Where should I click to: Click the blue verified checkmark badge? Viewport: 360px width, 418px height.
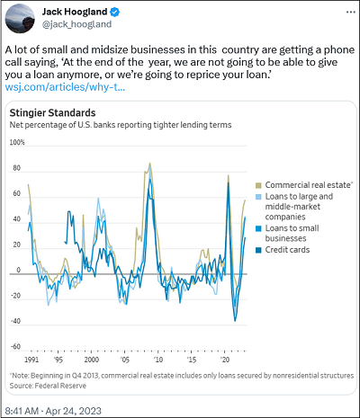pyautogui.click(x=115, y=12)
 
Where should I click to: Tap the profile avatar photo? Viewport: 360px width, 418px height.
pyautogui.click(x=20, y=18)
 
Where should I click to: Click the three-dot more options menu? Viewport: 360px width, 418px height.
pyautogui.click(x=351, y=12)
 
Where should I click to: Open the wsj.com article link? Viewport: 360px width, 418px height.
pyautogui.click(x=65, y=87)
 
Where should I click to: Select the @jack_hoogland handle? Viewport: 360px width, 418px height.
pyautogui.click(x=76, y=24)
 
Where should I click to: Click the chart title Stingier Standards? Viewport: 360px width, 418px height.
pyautogui.click(x=52, y=113)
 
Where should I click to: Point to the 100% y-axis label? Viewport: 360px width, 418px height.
pyautogui.click(x=17, y=142)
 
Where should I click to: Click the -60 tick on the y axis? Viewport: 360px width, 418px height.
pyautogui.click(x=16, y=347)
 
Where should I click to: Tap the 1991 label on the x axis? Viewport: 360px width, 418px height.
pyautogui.click(x=31, y=360)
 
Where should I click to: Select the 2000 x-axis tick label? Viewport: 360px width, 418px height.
pyautogui.click(x=92, y=360)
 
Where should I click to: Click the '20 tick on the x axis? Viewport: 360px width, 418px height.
pyautogui.click(x=225, y=360)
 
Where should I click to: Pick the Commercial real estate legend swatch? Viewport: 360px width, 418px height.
pyautogui.click(x=258, y=185)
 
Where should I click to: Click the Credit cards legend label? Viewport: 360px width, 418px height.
pyautogui.click(x=287, y=250)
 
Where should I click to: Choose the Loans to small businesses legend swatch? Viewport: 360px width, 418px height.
pyautogui.click(x=258, y=228)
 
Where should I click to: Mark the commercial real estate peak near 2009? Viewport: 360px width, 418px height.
pyautogui.click(x=150, y=164)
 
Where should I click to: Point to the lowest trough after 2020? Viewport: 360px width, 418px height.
pyautogui.click(x=235, y=321)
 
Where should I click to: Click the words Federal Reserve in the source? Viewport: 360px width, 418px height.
pyautogui.click(x=60, y=386)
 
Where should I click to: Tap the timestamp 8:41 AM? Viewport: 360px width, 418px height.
pyautogui.click(x=22, y=411)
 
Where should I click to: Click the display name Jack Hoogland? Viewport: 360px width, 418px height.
pyautogui.click(x=75, y=12)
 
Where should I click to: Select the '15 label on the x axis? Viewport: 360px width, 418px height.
pyautogui.click(x=192, y=360)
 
